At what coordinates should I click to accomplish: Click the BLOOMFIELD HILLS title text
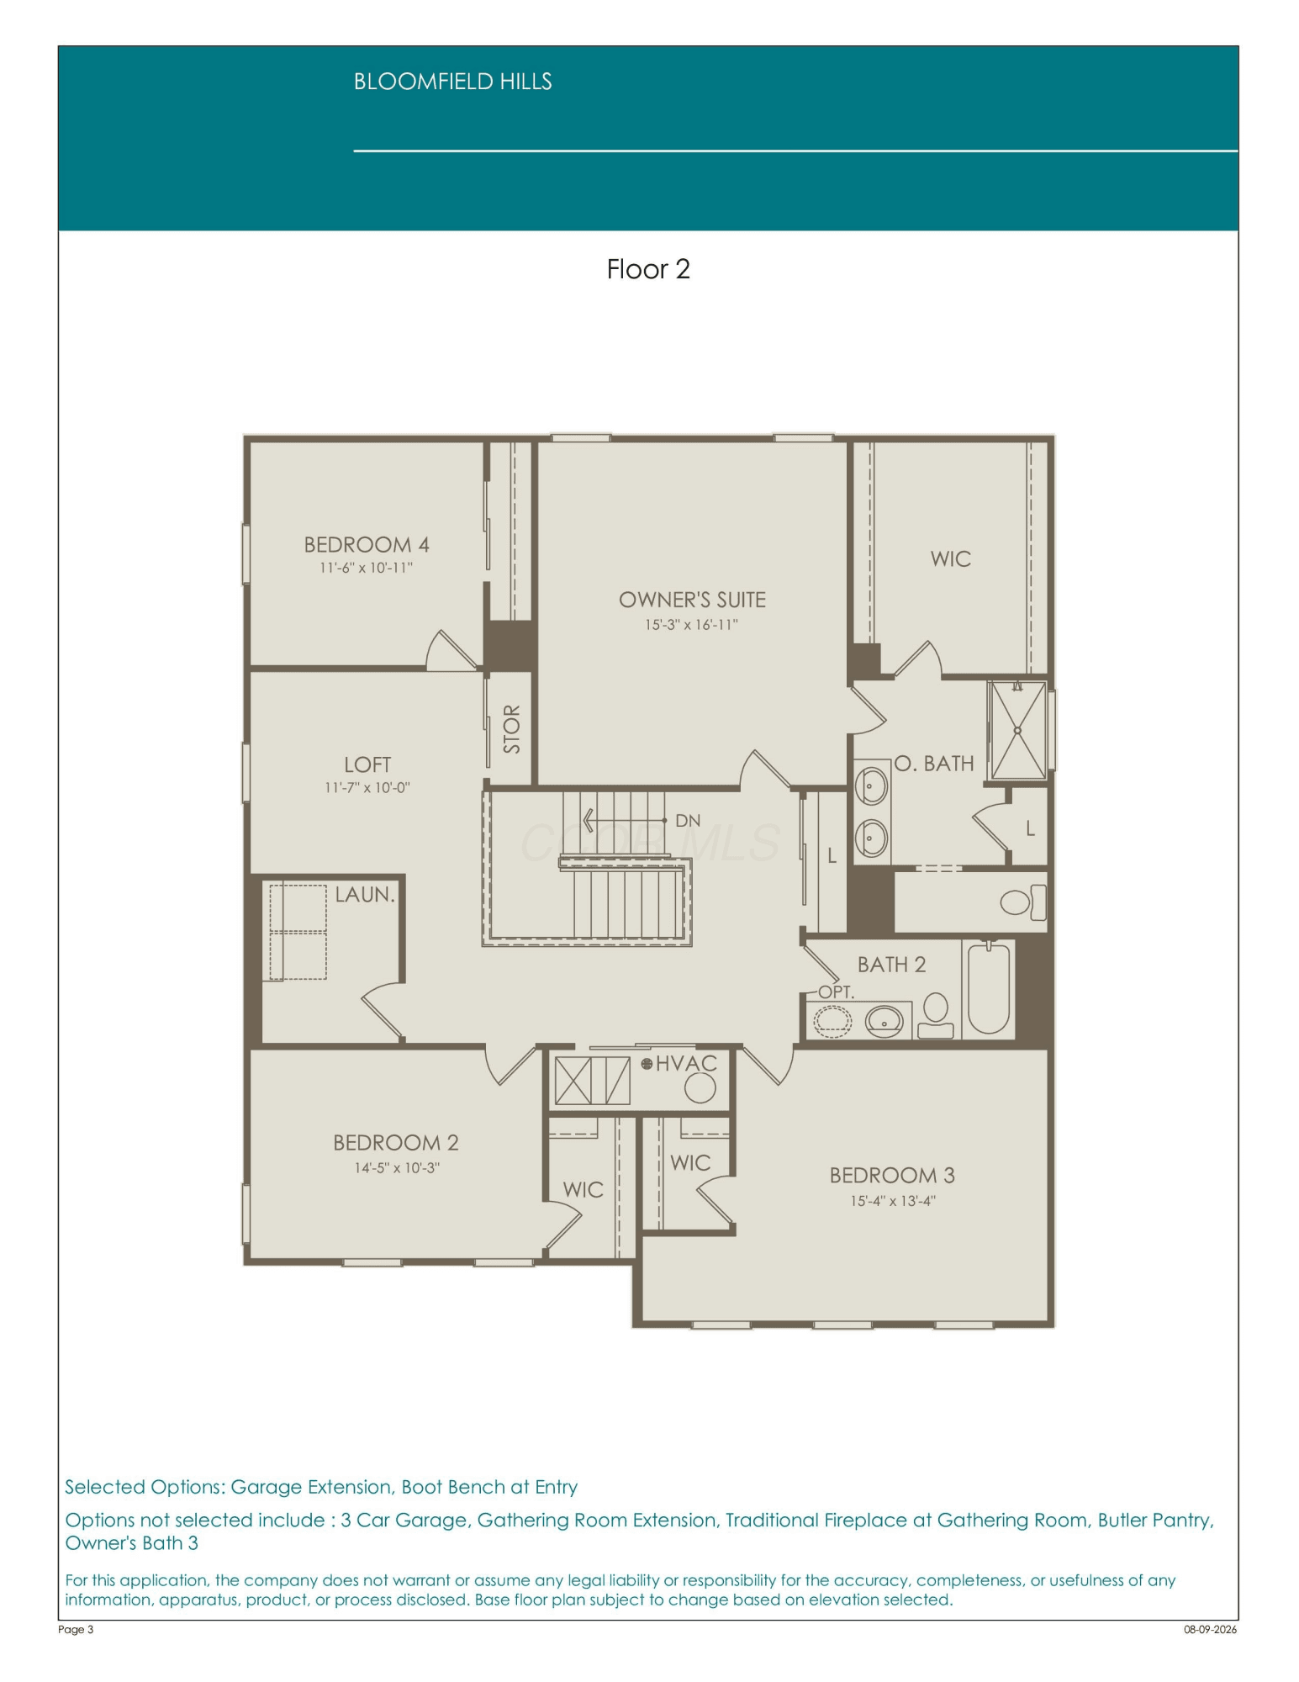click(x=452, y=82)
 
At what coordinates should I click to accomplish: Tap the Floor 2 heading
click(x=648, y=269)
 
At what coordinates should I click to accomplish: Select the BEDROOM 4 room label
click(x=367, y=545)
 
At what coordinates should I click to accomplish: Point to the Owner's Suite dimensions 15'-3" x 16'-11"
click(x=691, y=625)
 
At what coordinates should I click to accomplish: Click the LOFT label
click(x=367, y=764)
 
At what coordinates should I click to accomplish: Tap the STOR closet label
click(x=511, y=729)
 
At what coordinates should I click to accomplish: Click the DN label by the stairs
click(x=688, y=821)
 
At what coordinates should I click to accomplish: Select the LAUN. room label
click(x=365, y=895)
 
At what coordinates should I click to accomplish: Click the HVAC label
click(x=686, y=1064)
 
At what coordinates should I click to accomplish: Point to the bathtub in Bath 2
click(x=988, y=989)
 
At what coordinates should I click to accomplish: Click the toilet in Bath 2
click(x=935, y=1016)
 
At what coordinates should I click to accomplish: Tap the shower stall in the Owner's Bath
click(x=1017, y=730)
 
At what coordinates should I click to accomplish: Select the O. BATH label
click(x=934, y=764)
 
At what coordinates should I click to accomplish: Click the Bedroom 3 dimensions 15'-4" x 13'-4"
click(x=892, y=1201)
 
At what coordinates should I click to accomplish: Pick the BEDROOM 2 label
click(x=396, y=1143)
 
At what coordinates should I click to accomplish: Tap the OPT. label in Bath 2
click(x=837, y=992)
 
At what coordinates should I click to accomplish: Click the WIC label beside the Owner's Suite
click(x=951, y=559)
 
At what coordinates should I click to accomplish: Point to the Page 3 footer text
click(x=76, y=1629)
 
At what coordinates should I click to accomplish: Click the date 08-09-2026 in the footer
click(x=1211, y=1629)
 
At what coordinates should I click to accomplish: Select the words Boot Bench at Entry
click(x=489, y=1487)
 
